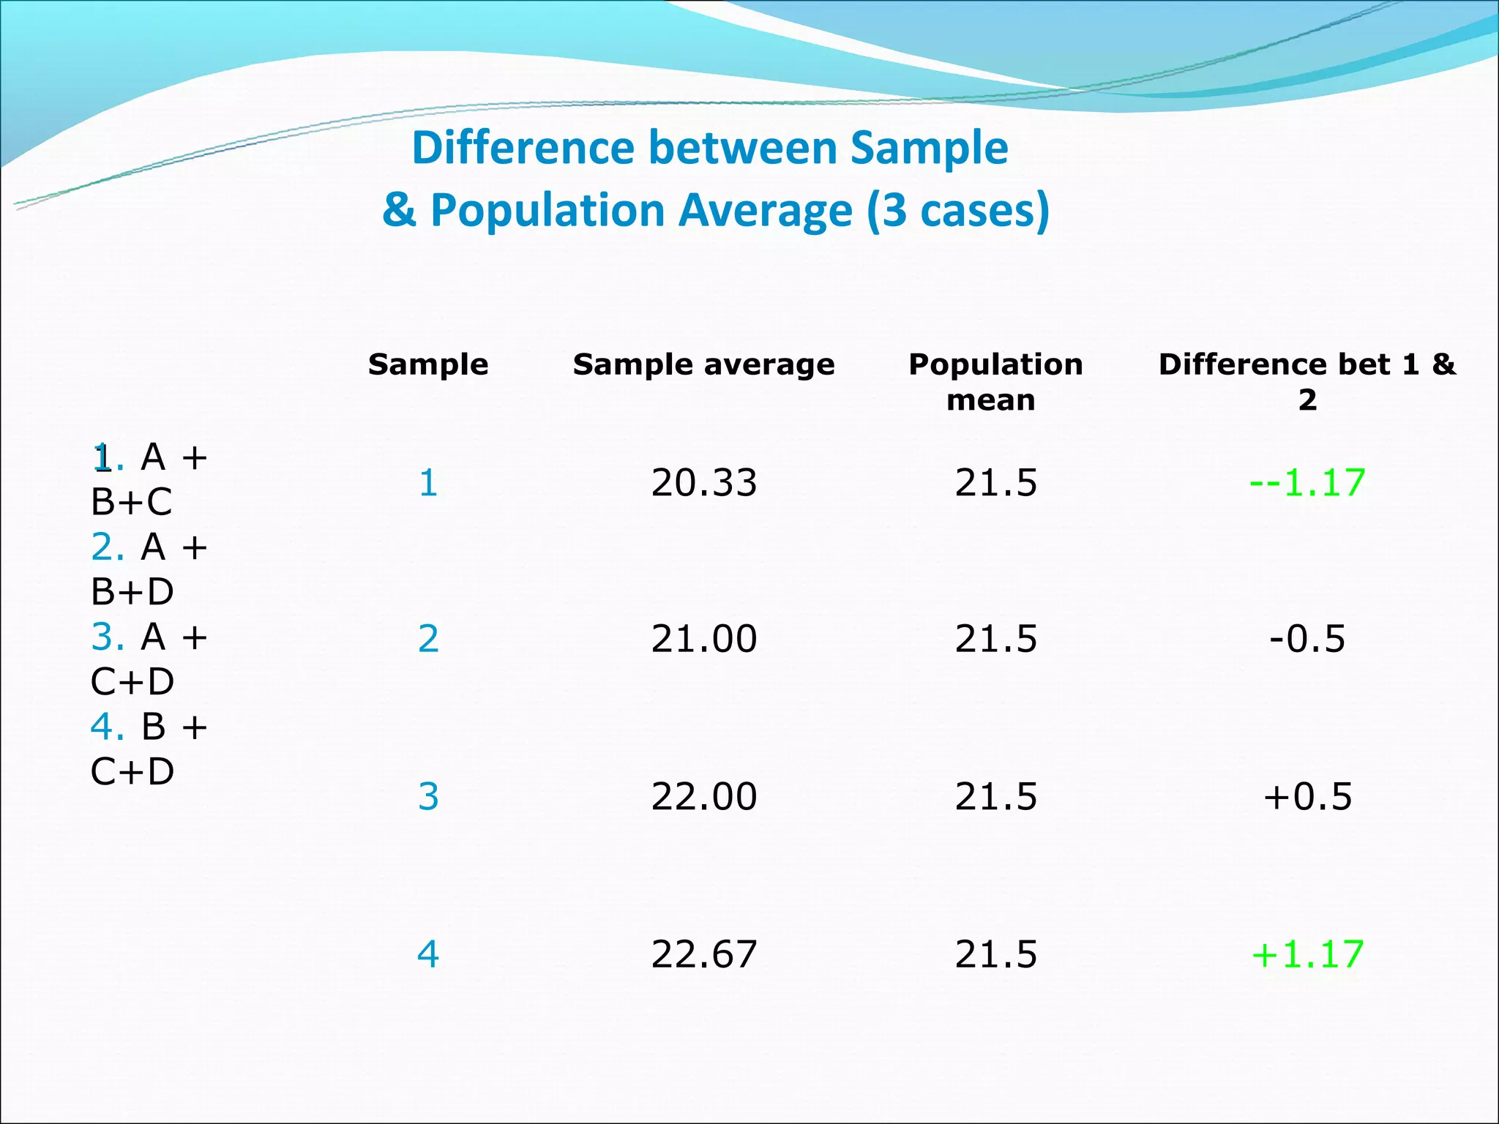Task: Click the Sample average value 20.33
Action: click(703, 483)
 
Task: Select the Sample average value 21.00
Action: click(703, 639)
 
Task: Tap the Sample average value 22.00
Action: click(703, 796)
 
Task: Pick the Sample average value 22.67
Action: click(703, 954)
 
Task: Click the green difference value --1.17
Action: click(1307, 483)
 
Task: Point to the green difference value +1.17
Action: click(1307, 954)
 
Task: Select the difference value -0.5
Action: click(1307, 639)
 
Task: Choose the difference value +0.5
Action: click(1307, 796)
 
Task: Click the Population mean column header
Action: click(995, 381)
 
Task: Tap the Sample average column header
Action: click(703, 364)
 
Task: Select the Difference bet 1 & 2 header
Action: click(1307, 381)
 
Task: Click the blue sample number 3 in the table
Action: click(428, 796)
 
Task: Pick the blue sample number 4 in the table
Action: click(428, 954)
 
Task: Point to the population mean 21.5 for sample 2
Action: click(995, 639)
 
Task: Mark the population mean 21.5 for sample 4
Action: click(995, 954)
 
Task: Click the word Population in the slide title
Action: click(547, 211)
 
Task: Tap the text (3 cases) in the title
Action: click(958, 211)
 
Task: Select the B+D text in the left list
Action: click(132, 591)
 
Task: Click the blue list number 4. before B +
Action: click(107, 727)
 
